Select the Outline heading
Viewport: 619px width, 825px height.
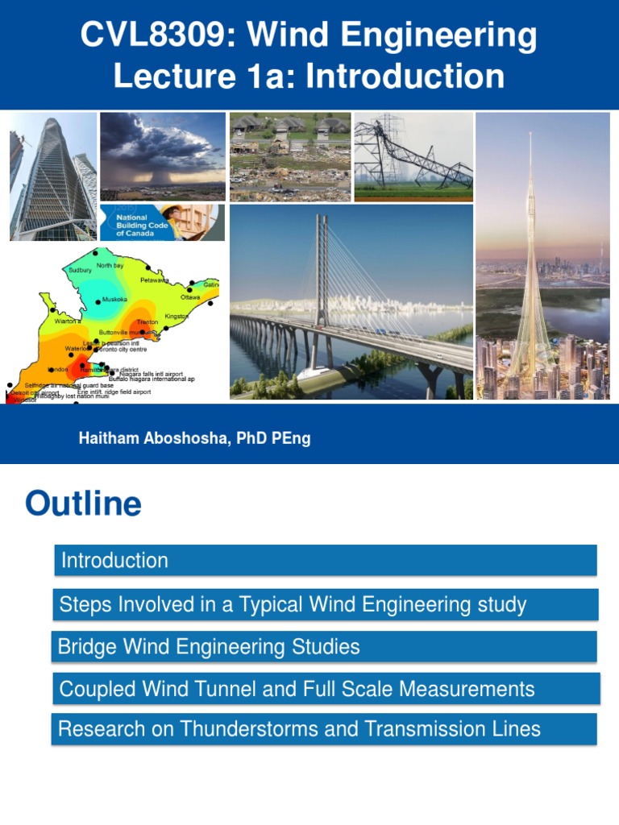point(83,504)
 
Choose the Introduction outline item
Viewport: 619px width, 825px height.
point(115,561)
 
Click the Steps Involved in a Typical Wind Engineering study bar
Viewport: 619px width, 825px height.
point(293,604)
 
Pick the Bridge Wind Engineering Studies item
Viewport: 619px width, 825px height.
point(210,647)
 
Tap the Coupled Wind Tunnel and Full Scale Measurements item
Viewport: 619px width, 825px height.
point(297,689)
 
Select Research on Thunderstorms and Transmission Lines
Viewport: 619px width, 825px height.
point(300,730)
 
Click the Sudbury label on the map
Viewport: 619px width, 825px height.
point(81,271)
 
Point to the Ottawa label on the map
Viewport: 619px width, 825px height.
point(190,297)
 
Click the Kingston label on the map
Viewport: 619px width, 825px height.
point(177,317)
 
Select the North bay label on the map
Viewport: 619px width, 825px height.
point(110,265)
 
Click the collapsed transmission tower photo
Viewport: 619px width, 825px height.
point(413,156)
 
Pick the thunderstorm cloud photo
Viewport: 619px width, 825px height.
point(163,155)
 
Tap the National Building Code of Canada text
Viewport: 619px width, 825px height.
point(131,223)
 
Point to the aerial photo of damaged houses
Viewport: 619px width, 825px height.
point(290,156)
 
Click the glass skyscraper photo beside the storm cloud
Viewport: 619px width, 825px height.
point(52,176)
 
